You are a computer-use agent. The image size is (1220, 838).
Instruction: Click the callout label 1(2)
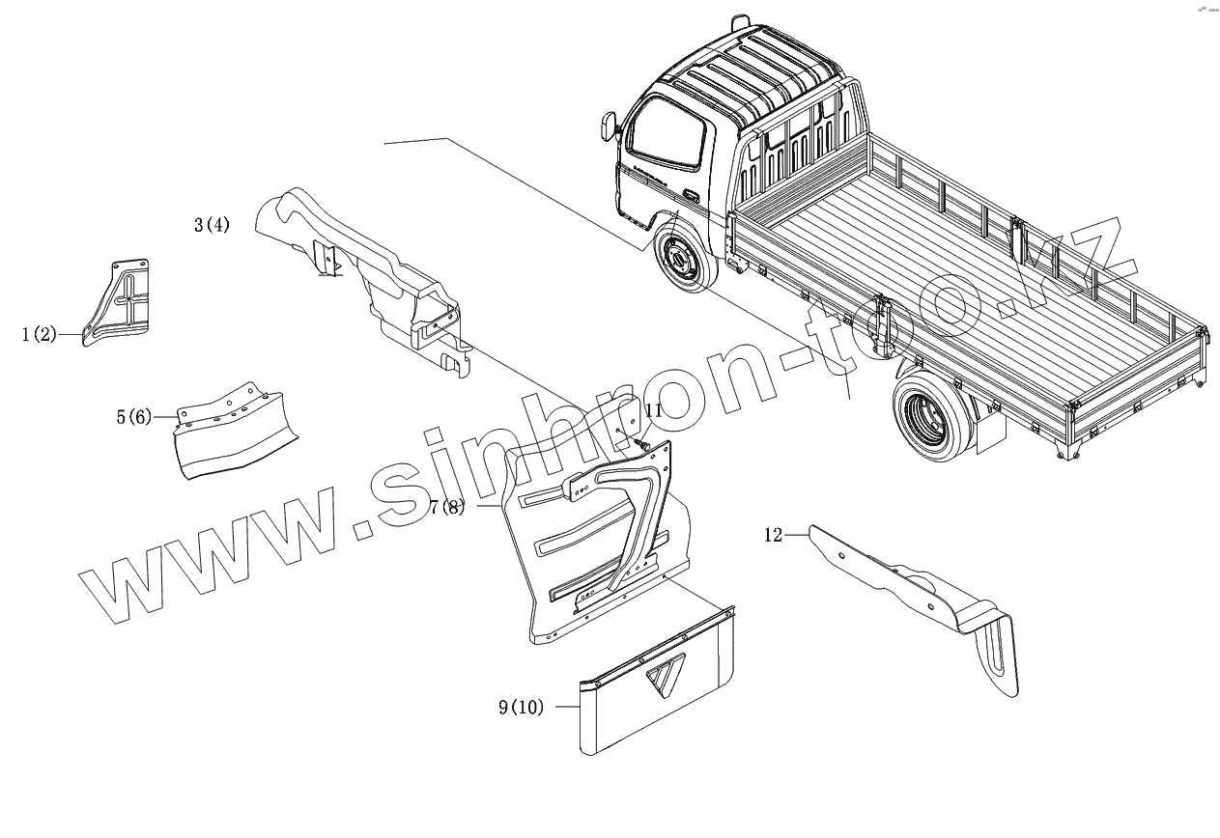[x=39, y=336]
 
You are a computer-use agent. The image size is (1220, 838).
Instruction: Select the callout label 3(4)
[x=213, y=226]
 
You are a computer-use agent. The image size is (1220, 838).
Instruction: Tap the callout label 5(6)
[x=134, y=417]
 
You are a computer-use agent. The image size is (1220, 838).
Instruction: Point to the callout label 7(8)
[x=447, y=507]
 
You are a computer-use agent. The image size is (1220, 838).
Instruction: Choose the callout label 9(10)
[x=521, y=708]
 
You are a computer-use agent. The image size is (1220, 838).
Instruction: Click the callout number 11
[x=654, y=410]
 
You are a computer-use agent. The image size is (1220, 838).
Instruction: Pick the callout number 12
[x=773, y=535]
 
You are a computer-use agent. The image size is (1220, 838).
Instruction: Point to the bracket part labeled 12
[x=918, y=599]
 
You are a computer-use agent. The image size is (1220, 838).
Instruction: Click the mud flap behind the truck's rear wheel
[x=988, y=432]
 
